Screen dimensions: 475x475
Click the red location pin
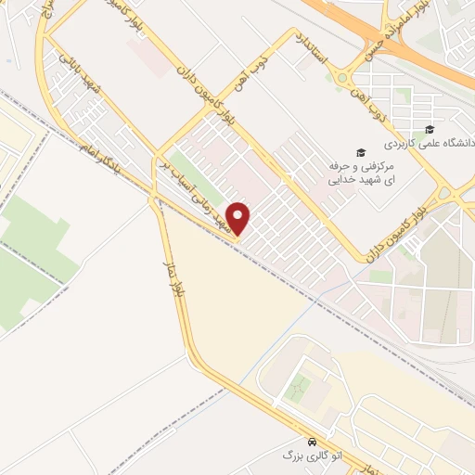[x=239, y=218]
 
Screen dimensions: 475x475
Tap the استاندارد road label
[x=313, y=54]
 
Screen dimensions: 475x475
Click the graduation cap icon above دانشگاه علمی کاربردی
[x=429, y=129]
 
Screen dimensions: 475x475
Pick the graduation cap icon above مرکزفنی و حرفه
[x=360, y=152]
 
